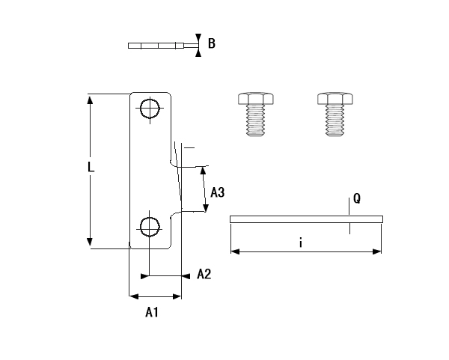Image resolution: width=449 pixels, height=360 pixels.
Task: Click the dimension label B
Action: tap(212, 44)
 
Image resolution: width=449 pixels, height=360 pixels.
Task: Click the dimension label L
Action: tap(91, 168)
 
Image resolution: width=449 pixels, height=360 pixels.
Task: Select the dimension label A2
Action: tap(204, 275)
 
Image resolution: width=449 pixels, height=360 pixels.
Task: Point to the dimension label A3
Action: tap(217, 192)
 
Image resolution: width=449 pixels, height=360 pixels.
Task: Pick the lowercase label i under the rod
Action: tap(299, 242)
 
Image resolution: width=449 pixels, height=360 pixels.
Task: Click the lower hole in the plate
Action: tap(150, 226)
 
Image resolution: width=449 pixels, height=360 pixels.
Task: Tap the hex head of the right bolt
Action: tap(337, 99)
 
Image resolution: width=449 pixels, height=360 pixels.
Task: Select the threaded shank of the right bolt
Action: tap(337, 121)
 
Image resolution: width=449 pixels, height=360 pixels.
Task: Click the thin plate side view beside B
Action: tap(159, 45)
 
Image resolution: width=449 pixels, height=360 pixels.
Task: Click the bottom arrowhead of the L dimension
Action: tap(91, 242)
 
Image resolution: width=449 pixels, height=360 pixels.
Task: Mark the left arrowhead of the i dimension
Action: tap(234, 252)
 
